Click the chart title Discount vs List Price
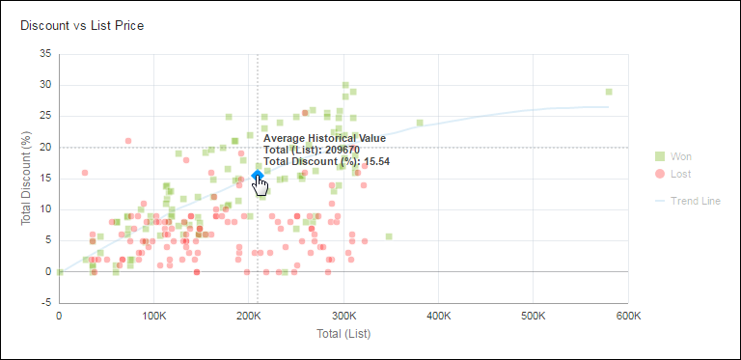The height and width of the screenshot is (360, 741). pyautogui.click(x=82, y=25)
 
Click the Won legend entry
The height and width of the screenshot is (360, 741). pyautogui.click(x=680, y=156)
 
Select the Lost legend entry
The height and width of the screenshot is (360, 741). pyautogui.click(x=680, y=174)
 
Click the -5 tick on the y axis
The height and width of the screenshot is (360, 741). pyautogui.click(x=45, y=303)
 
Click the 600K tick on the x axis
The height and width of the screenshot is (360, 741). pyautogui.click(x=628, y=316)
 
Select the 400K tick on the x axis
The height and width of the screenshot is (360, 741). pyautogui.click(x=439, y=316)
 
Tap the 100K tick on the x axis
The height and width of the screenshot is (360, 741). pyautogui.click(x=154, y=316)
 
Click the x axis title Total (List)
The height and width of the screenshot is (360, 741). pyautogui.click(x=343, y=334)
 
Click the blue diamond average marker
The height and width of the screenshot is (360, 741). pyautogui.click(x=258, y=175)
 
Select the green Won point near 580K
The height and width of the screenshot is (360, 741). pyautogui.click(x=609, y=92)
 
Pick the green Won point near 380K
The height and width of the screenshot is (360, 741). pyautogui.click(x=420, y=123)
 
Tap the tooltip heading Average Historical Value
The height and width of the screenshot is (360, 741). pyautogui.click(x=324, y=139)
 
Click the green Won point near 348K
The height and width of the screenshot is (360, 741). pyautogui.click(x=389, y=236)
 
